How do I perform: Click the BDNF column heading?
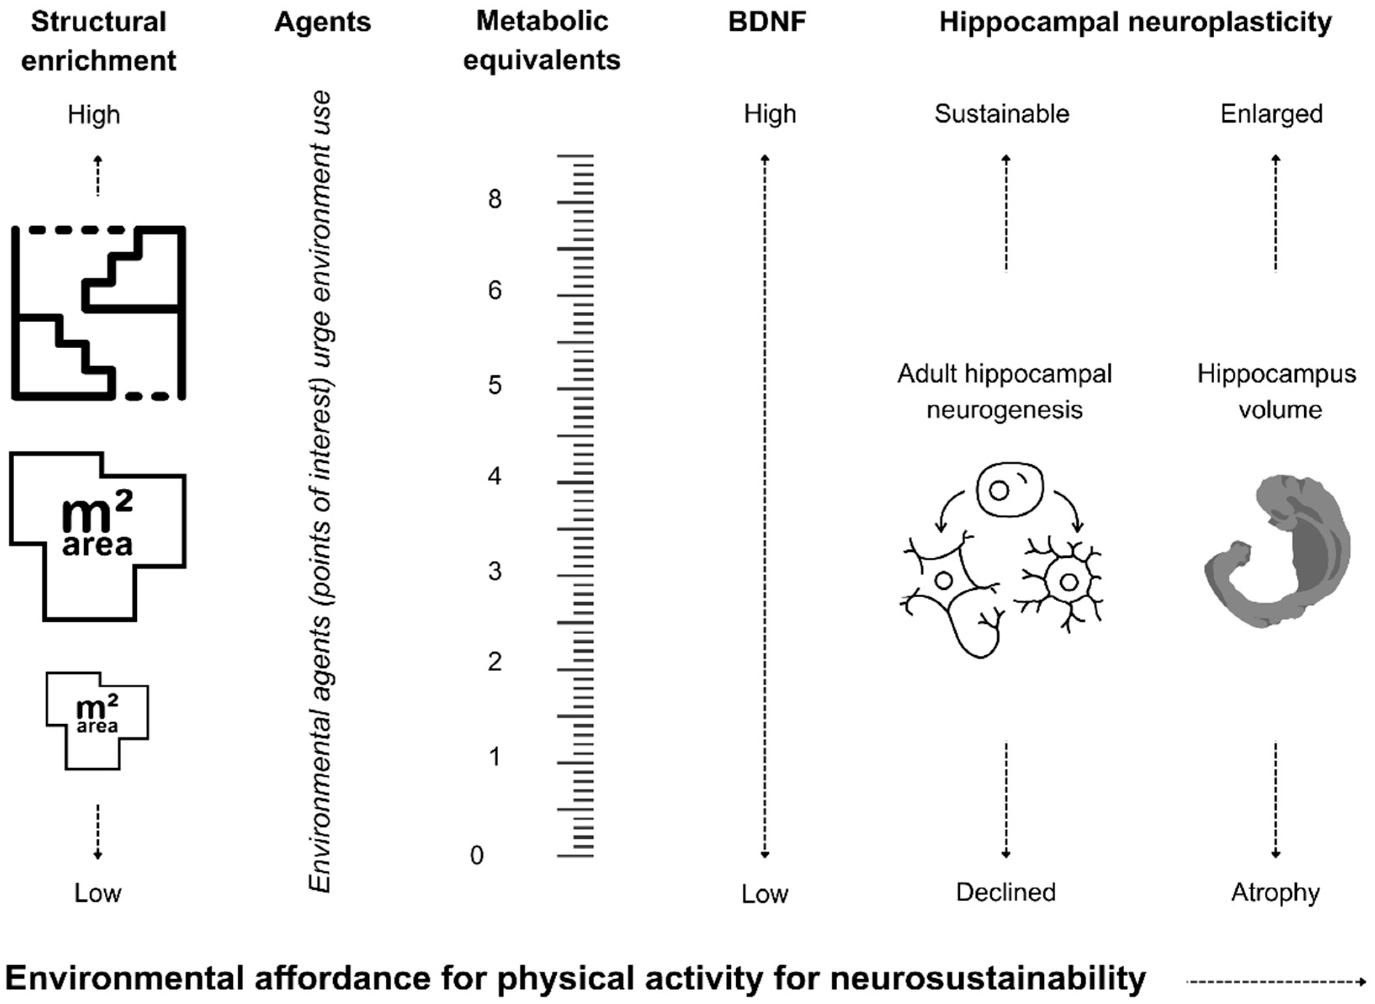pyautogui.click(x=767, y=22)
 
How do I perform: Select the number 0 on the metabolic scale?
pyautogui.click(x=477, y=855)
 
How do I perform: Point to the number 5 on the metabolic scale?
pyautogui.click(x=495, y=385)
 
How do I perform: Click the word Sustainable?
pyautogui.click(x=1002, y=114)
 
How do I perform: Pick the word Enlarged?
pyautogui.click(x=1271, y=114)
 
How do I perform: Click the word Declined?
pyautogui.click(x=1006, y=892)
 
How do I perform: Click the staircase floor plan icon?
pyautogui.click(x=98, y=313)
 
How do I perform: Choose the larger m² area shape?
pyautogui.click(x=97, y=535)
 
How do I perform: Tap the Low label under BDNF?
pyautogui.click(x=764, y=894)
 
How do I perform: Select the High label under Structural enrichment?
pyautogui.click(x=94, y=115)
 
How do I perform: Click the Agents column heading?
pyautogui.click(x=322, y=22)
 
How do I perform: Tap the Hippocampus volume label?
pyautogui.click(x=1277, y=392)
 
